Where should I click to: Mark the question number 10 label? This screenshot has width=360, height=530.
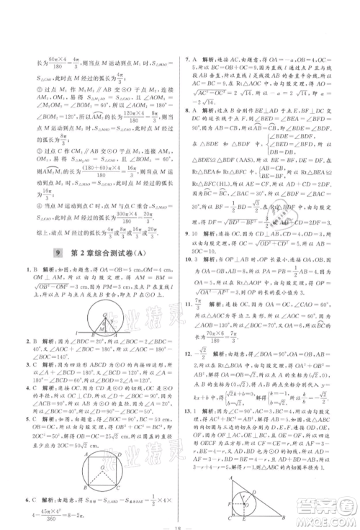(189, 259)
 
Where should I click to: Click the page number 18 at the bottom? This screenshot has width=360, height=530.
(179, 524)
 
